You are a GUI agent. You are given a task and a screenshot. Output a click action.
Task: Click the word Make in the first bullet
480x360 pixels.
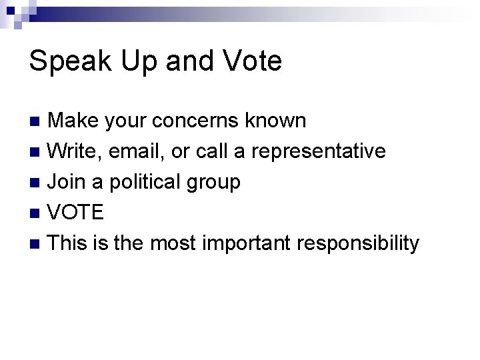[x=73, y=121]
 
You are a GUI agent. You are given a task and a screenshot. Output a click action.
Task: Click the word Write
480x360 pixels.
[x=73, y=151]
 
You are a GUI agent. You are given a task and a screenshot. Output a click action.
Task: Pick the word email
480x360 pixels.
[x=135, y=151]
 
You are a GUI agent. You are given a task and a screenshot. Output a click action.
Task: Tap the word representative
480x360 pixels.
[x=319, y=151]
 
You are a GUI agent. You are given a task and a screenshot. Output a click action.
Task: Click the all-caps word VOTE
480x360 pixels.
[x=76, y=213]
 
